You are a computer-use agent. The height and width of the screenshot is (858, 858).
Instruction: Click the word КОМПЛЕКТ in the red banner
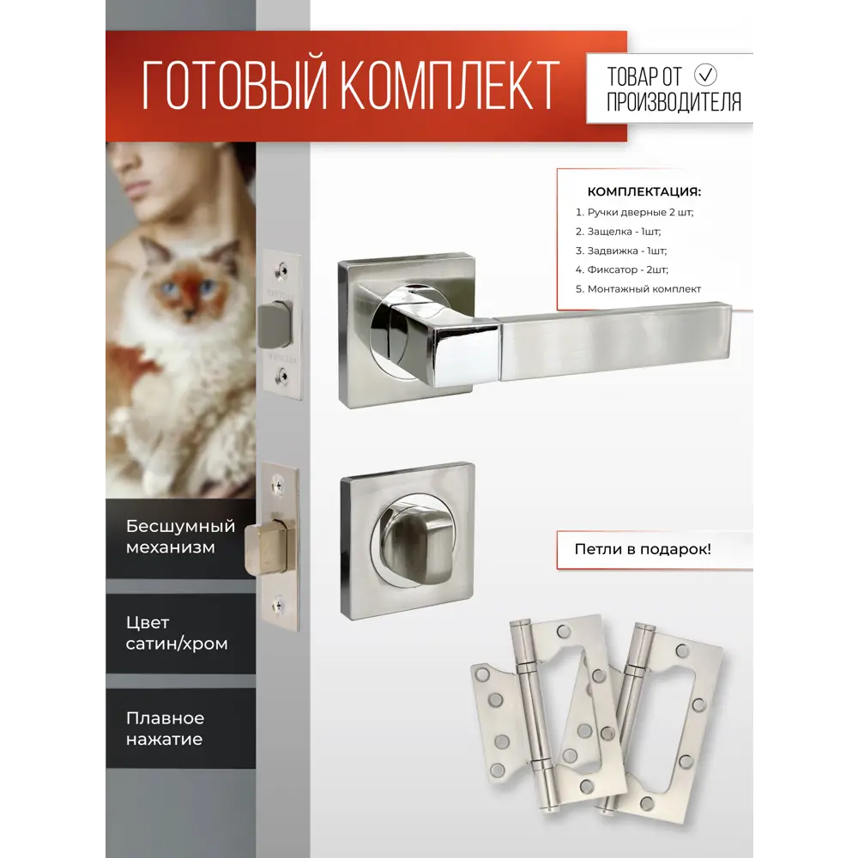(x=450, y=87)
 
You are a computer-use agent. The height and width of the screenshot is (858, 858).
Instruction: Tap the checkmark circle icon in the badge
(x=707, y=74)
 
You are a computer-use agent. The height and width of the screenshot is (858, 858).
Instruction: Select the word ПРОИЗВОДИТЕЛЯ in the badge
(x=674, y=103)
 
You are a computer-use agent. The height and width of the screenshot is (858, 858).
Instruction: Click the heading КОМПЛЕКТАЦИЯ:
(x=643, y=191)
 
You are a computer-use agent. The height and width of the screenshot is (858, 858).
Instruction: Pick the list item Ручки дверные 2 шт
(x=635, y=212)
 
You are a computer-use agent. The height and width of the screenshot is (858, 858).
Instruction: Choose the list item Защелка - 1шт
(x=619, y=232)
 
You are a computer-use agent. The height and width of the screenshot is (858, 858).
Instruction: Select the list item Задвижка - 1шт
(x=621, y=251)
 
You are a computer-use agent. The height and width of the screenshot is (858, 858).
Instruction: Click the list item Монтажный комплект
(x=639, y=289)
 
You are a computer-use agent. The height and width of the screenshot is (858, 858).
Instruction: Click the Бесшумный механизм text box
(x=180, y=536)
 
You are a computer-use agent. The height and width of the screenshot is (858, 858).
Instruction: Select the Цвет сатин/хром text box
(x=177, y=632)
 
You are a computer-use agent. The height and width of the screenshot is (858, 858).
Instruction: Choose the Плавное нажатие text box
(x=166, y=728)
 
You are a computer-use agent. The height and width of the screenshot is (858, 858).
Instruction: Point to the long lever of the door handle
(x=613, y=340)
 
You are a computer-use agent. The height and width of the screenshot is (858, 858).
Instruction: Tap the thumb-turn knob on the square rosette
(x=407, y=540)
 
